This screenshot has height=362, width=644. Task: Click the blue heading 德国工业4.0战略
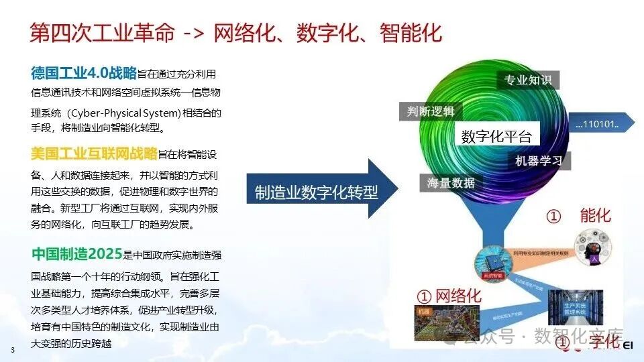84,72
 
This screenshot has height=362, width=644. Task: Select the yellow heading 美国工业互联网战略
94,154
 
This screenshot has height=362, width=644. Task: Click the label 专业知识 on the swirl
528,80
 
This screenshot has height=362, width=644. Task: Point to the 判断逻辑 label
431,111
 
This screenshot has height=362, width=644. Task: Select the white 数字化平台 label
496,137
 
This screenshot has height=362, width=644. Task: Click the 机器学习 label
539,161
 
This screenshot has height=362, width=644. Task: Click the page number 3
12,351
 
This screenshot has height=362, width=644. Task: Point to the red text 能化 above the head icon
595,216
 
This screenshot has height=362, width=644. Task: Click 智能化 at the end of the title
411,32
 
